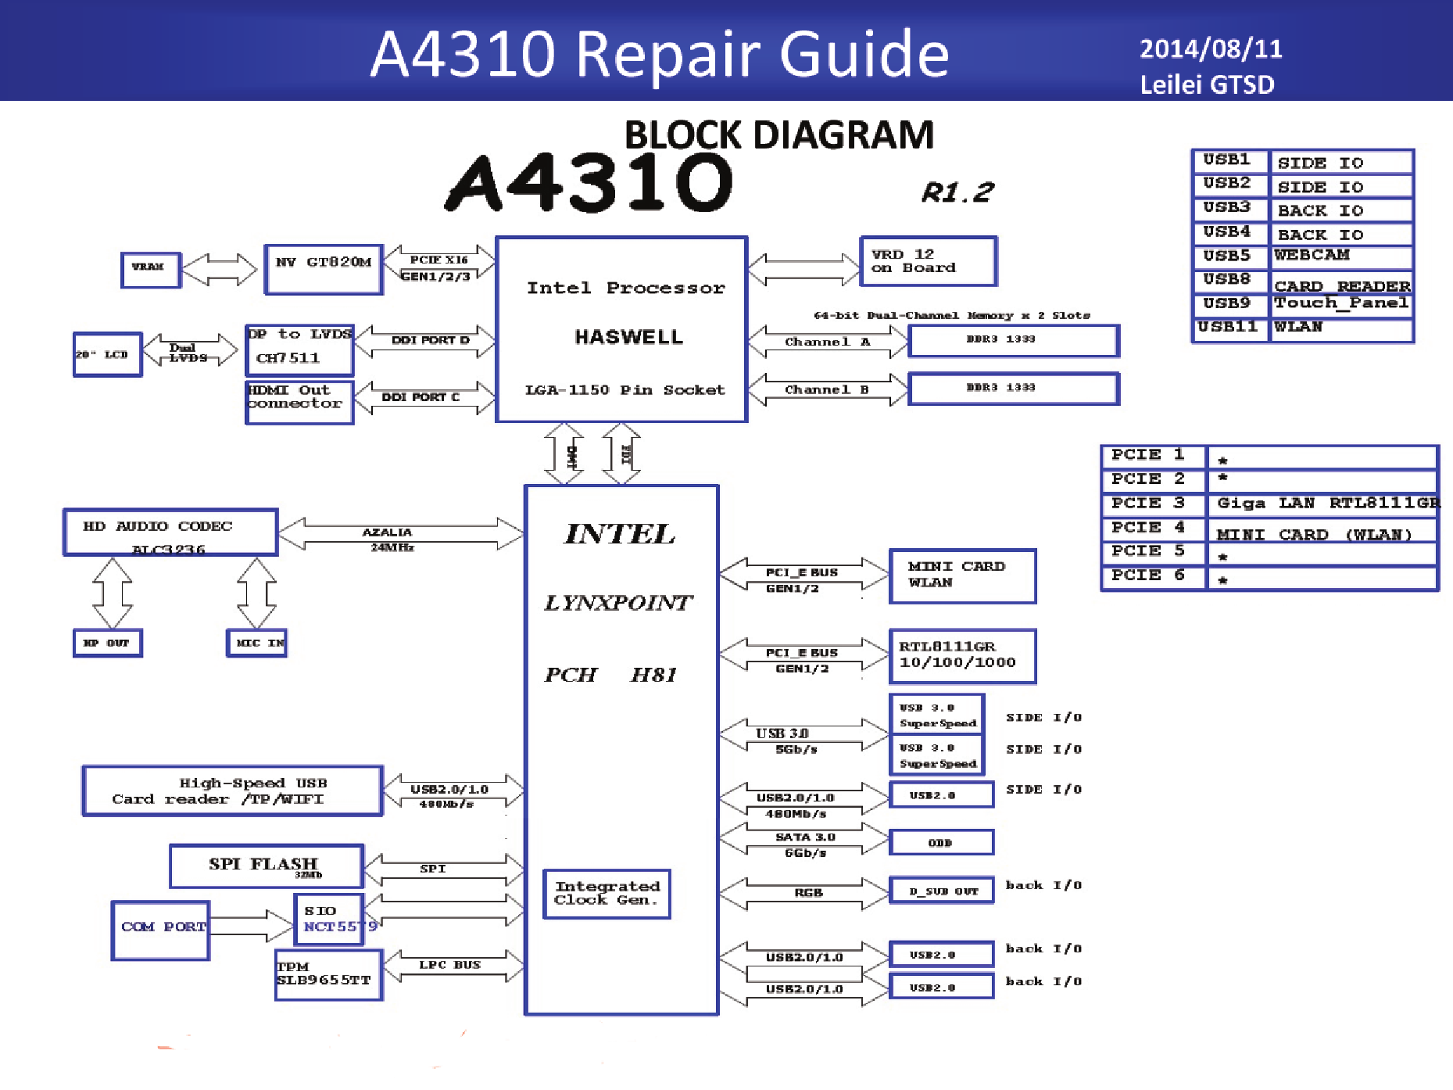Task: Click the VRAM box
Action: pos(151,270)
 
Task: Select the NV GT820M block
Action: pos(324,269)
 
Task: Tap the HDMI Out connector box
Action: pos(299,402)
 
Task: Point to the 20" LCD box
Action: pos(108,354)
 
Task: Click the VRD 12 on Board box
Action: pos(928,261)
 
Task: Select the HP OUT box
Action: pos(108,643)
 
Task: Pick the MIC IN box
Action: pos(257,643)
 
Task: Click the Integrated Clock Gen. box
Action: pos(607,893)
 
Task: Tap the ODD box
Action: pos(941,843)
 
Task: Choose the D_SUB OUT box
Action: pos(942,891)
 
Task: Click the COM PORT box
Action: pos(161,930)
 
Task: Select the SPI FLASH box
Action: pos(267,866)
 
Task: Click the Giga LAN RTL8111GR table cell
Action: pos(1323,504)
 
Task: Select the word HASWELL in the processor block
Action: pos(628,337)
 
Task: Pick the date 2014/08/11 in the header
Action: pos(1211,49)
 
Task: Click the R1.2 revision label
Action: pos(957,192)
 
